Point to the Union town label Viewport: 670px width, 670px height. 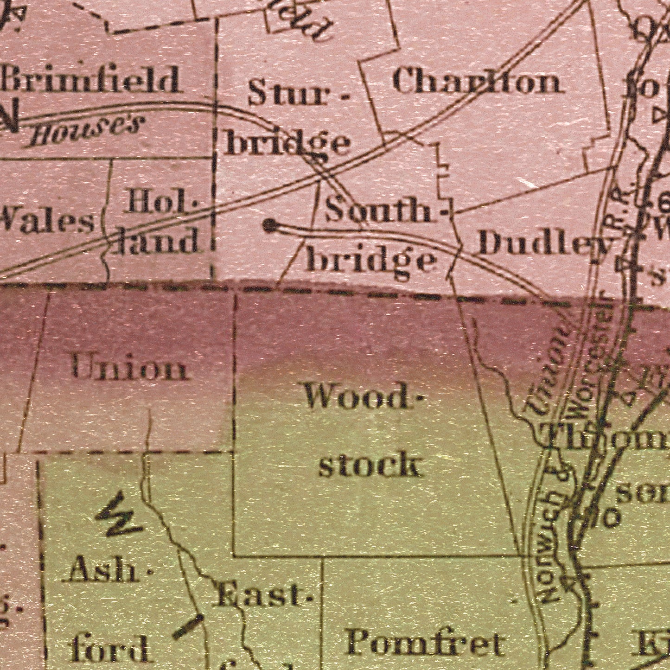(x=130, y=369)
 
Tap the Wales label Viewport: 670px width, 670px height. (x=46, y=221)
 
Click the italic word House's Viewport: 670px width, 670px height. (x=85, y=131)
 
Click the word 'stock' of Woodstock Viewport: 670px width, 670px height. (x=370, y=465)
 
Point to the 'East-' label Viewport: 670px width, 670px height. (x=262, y=596)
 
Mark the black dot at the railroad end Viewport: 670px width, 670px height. (x=269, y=226)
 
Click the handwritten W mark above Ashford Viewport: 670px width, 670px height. (x=118, y=516)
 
